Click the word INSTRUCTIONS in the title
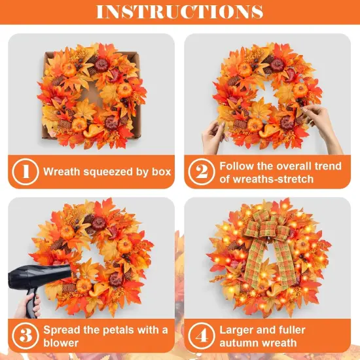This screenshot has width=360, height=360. [x=180, y=12]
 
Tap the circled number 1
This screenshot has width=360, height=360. [x=25, y=172]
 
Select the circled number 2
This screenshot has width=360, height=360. [x=201, y=172]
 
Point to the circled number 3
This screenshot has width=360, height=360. [x=25, y=336]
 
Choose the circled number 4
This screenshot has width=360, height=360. [x=201, y=336]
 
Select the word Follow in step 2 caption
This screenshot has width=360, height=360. [x=237, y=166]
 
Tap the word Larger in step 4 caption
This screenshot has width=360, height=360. [x=238, y=329]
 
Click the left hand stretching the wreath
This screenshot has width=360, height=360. [x=213, y=136]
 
